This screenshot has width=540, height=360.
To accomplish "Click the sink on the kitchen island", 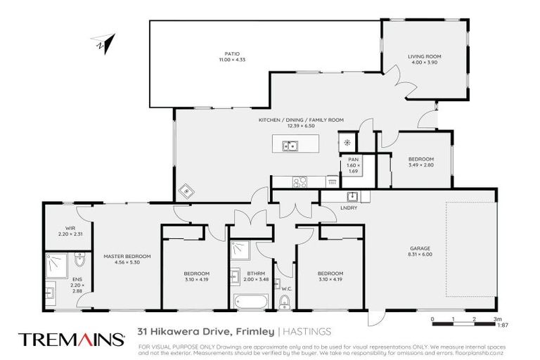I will point(290,146).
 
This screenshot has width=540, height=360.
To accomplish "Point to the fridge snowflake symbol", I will point(347,143).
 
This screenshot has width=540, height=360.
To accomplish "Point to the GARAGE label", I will point(420,248).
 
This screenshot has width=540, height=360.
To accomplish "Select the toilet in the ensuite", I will point(79,263).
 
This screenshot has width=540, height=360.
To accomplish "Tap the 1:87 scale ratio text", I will point(502,325).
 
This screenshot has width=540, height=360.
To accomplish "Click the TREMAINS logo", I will point(70,339).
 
